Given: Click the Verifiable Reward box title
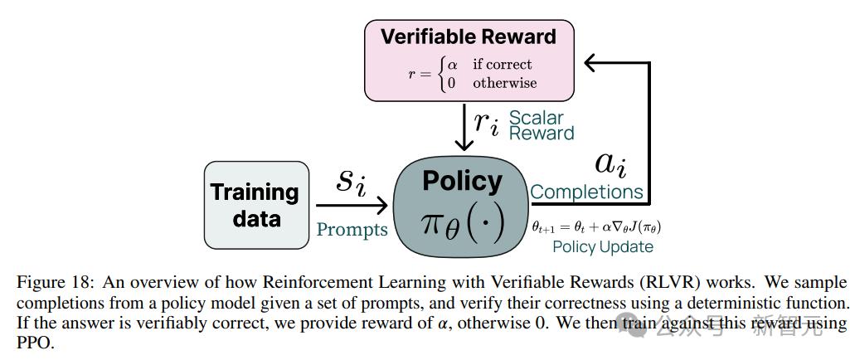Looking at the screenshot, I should click(468, 36).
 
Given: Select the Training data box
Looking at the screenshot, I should click(255, 205).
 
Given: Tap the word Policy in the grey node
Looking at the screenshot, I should click(462, 181).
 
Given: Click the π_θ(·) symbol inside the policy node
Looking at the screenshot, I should click(462, 223).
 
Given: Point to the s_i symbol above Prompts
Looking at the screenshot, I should click(351, 181).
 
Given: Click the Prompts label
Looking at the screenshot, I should click(352, 229).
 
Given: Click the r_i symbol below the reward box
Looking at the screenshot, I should click(487, 122).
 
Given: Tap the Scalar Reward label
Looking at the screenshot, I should click(541, 125).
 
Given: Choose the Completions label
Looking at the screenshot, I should click(587, 192).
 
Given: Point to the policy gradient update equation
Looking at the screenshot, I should click(596, 226).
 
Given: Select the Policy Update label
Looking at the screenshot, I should click(603, 246).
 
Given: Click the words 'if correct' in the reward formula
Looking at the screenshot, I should click(503, 64).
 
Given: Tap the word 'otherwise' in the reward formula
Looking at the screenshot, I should click(505, 83).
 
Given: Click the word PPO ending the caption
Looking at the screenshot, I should click(35, 342).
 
